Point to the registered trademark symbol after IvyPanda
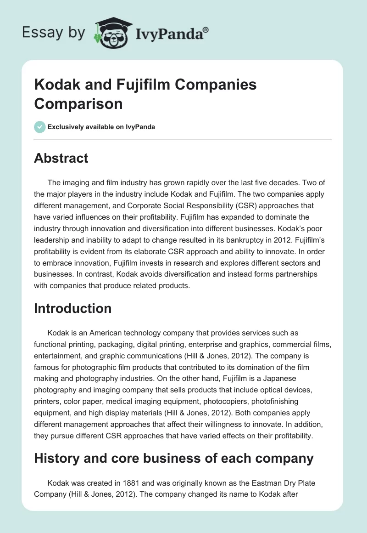tap(206, 29)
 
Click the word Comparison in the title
tap(78, 103)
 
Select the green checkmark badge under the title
tap(39, 127)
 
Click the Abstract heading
tap(61, 158)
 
